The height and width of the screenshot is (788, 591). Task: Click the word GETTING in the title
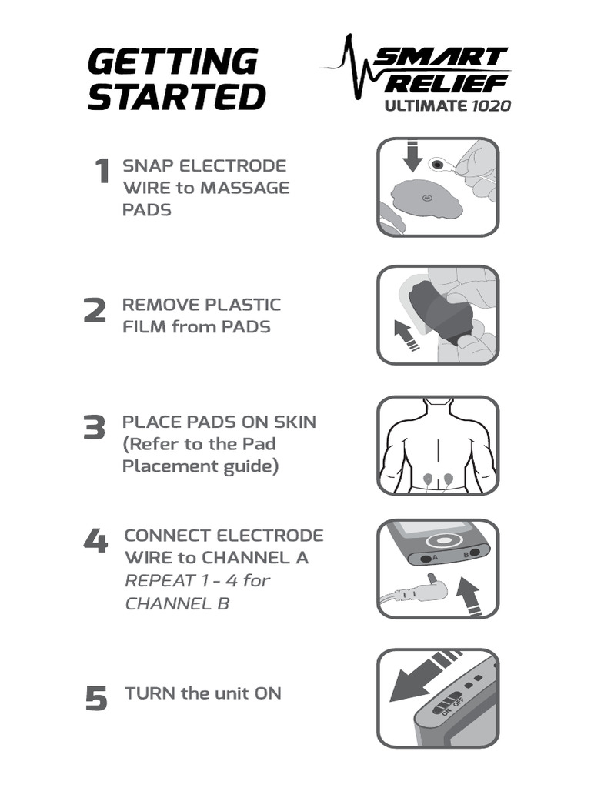tap(172, 62)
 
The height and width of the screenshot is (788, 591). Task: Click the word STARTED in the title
tap(176, 98)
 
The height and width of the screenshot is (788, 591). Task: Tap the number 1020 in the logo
tap(489, 105)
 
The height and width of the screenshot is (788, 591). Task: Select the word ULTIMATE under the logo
tap(425, 105)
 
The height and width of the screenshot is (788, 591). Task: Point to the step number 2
tap(94, 311)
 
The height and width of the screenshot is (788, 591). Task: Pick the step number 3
tap(94, 429)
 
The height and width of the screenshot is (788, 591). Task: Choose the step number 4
tap(95, 542)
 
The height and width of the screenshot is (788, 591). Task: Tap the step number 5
tap(96, 699)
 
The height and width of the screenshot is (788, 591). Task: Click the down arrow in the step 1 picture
tap(414, 156)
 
